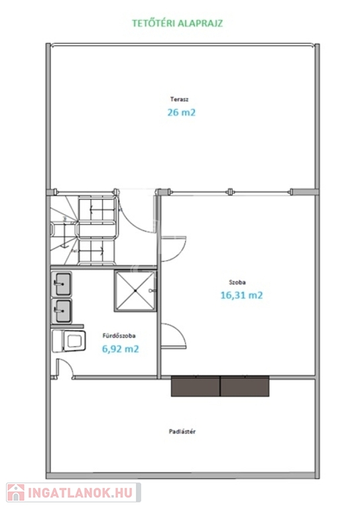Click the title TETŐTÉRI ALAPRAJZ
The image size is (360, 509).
tap(177, 23)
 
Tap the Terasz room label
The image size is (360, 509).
tap(179, 99)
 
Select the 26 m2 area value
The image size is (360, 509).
tap(182, 112)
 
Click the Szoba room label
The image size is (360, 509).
tap(237, 282)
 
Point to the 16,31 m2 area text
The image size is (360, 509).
tap(241, 295)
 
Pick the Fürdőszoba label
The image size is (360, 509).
tap(119, 335)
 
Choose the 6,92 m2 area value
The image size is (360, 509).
tap(121, 349)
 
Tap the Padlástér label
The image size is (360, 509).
tap(182, 431)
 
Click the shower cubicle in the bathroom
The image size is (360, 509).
tap(135, 291)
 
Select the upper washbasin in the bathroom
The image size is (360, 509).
tap(62, 284)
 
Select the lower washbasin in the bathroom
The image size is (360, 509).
tap(62, 311)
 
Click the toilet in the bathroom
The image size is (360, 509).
tap(69, 341)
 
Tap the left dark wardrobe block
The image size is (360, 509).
tap(196, 386)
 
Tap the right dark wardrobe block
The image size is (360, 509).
tap(245, 386)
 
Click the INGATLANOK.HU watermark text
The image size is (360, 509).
tap(80, 493)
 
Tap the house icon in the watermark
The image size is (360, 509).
tap(16, 493)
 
